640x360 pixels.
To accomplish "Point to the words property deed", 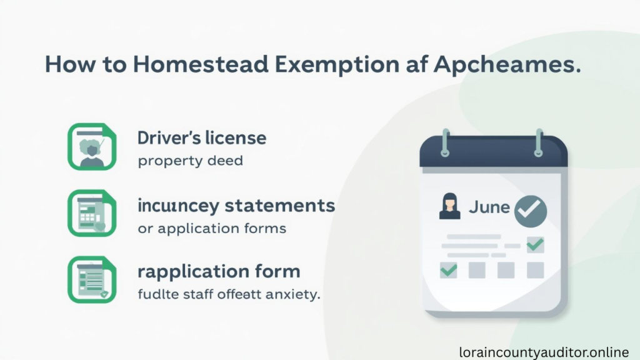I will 190,161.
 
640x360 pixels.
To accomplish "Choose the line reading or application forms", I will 212,228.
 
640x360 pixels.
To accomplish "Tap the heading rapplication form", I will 219,271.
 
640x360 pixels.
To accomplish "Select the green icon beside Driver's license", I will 92,147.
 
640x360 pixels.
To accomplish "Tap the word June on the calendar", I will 489,206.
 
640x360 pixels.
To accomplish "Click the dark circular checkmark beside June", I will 531,209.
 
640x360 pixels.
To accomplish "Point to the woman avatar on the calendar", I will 449,207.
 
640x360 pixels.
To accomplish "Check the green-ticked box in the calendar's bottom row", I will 449,270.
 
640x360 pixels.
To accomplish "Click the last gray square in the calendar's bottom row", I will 535,270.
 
